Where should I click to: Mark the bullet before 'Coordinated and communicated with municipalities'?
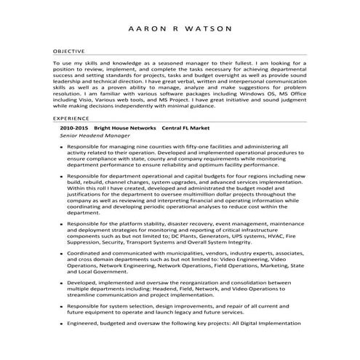[60, 253]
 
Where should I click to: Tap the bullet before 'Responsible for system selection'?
[60, 307]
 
